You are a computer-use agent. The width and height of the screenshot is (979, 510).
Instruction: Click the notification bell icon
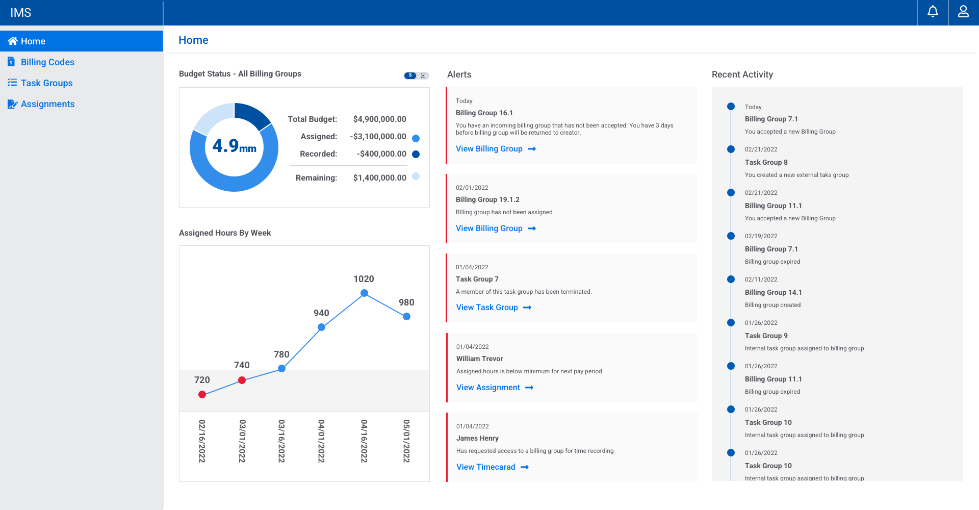coord(933,12)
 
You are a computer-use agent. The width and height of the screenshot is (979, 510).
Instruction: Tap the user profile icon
coord(963,12)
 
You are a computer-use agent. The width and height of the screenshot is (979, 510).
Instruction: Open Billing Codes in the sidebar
coord(47,62)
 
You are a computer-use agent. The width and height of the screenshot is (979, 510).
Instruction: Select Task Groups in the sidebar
coord(46,83)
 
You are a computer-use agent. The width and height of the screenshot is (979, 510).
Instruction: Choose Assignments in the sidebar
coord(47,104)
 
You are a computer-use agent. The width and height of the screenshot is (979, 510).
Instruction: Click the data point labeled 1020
coord(364,293)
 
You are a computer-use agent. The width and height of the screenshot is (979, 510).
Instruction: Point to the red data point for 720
coord(202,394)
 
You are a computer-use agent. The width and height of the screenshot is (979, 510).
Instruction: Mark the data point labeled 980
coord(406,317)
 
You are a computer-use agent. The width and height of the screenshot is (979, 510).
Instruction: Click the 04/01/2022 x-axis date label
coord(321,441)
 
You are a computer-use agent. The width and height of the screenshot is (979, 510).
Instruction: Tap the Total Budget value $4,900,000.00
coord(379,119)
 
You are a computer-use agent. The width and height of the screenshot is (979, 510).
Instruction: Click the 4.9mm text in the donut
coord(234,146)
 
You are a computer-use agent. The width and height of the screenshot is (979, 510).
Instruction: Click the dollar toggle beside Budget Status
coord(410,75)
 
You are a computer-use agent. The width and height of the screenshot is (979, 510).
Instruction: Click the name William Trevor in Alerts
coord(479,359)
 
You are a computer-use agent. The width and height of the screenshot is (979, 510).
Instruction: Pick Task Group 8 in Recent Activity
coord(766,162)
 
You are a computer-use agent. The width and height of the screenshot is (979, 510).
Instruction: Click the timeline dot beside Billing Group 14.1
coord(731,279)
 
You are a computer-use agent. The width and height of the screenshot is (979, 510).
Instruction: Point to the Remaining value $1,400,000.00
coord(379,178)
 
